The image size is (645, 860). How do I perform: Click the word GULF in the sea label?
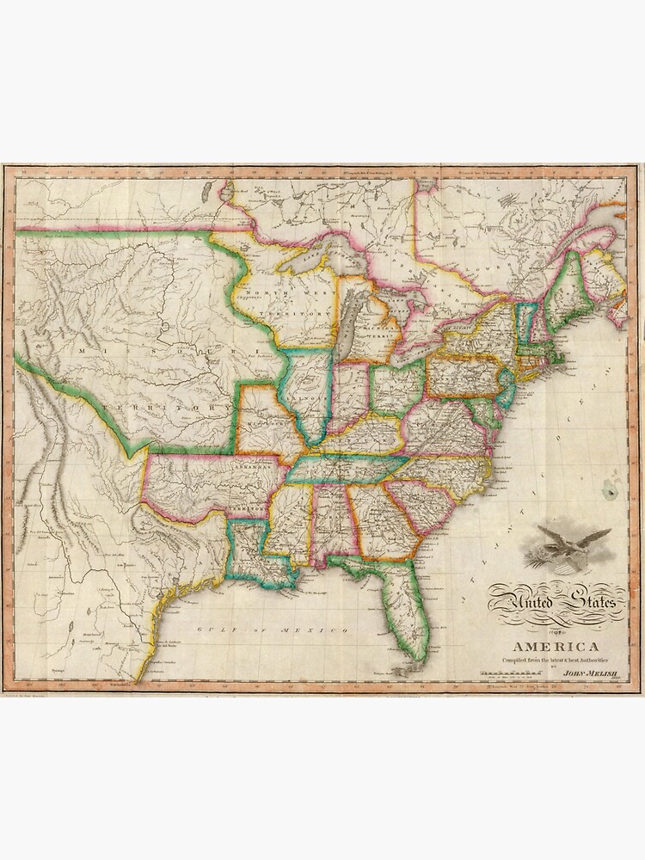pos(208,631)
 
